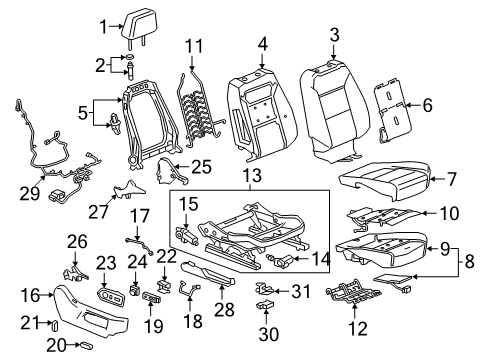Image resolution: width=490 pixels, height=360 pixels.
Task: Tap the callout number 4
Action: [261, 43]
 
